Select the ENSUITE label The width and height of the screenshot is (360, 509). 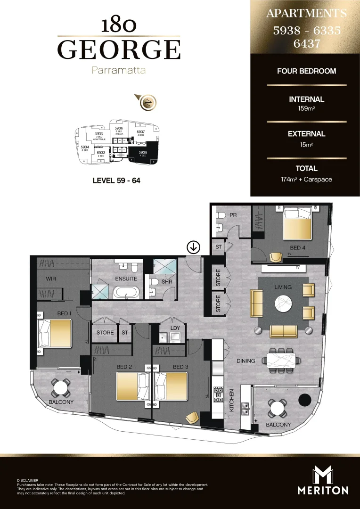point(126,279)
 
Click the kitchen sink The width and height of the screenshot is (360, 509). point(245,408)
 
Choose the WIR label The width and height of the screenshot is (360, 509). point(51,279)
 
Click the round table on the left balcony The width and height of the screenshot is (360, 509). point(61,388)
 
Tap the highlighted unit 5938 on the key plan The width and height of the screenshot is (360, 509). point(142,154)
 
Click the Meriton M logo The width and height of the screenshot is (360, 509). point(323,474)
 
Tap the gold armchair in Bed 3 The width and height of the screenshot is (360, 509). point(192,418)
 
